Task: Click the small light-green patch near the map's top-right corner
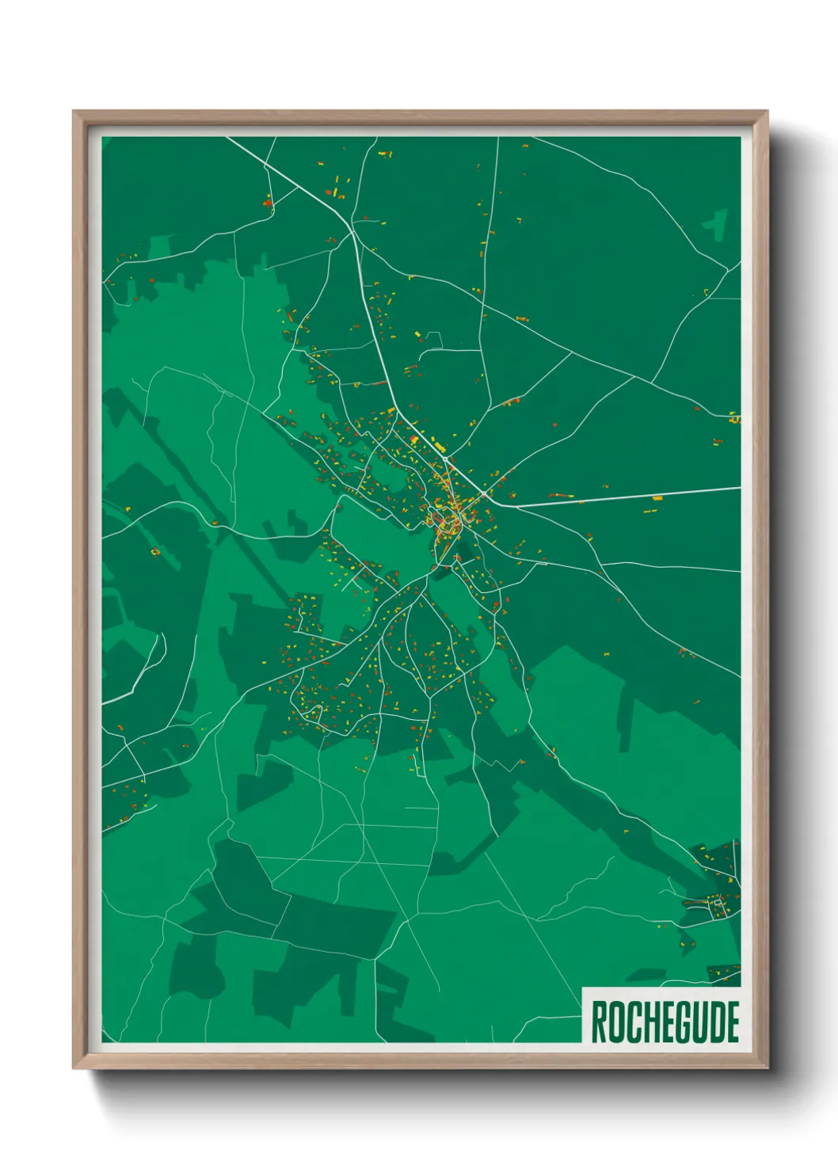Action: (716, 223)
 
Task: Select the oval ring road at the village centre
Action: (448, 523)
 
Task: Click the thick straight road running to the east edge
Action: (634, 497)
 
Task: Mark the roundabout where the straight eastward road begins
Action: (484, 494)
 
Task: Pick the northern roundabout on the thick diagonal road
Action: (446, 458)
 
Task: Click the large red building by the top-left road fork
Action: (268, 204)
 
